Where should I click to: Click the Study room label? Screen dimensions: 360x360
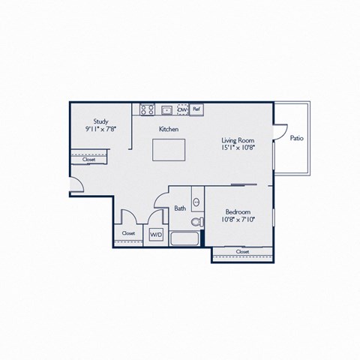(101, 121)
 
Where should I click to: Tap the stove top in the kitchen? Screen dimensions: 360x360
(147, 109)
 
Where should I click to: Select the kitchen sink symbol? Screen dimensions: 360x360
(166, 110)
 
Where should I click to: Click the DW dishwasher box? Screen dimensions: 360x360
(183, 109)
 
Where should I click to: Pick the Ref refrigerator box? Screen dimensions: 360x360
(196, 109)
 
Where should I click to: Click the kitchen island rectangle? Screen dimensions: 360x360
(169, 150)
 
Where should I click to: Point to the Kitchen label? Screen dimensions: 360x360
(169, 129)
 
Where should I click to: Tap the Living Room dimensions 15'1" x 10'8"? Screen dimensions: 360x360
(238, 148)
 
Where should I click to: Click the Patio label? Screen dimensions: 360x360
(297, 138)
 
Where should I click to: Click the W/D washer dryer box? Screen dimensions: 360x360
(156, 235)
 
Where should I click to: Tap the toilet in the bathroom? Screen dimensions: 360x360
(197, 222)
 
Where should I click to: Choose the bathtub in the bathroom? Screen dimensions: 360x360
(184, 238)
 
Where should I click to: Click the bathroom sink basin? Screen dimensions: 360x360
(196, 202)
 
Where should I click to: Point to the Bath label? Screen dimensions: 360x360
(180, 208)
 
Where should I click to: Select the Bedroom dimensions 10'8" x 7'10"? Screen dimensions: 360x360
(238, 220)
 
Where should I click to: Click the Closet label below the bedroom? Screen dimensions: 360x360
(242, 251)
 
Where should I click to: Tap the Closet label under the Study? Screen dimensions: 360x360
(88, 160)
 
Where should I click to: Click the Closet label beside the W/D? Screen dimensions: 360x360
(128, 233)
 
